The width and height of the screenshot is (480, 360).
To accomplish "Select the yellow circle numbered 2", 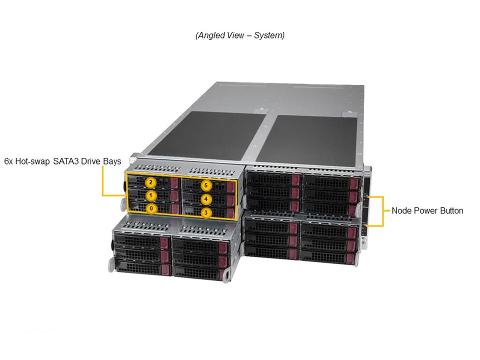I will (151, 182).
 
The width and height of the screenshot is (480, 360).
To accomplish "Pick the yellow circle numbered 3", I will (206, 213).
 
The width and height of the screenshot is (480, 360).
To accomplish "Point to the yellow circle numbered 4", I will (206, 199).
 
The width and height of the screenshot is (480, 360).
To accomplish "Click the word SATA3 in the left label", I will (68, 161).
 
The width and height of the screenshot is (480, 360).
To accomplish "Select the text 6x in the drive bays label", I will (8, 161).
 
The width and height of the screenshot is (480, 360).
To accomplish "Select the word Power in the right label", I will (424, 210).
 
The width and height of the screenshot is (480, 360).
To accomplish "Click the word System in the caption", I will (270, 35).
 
